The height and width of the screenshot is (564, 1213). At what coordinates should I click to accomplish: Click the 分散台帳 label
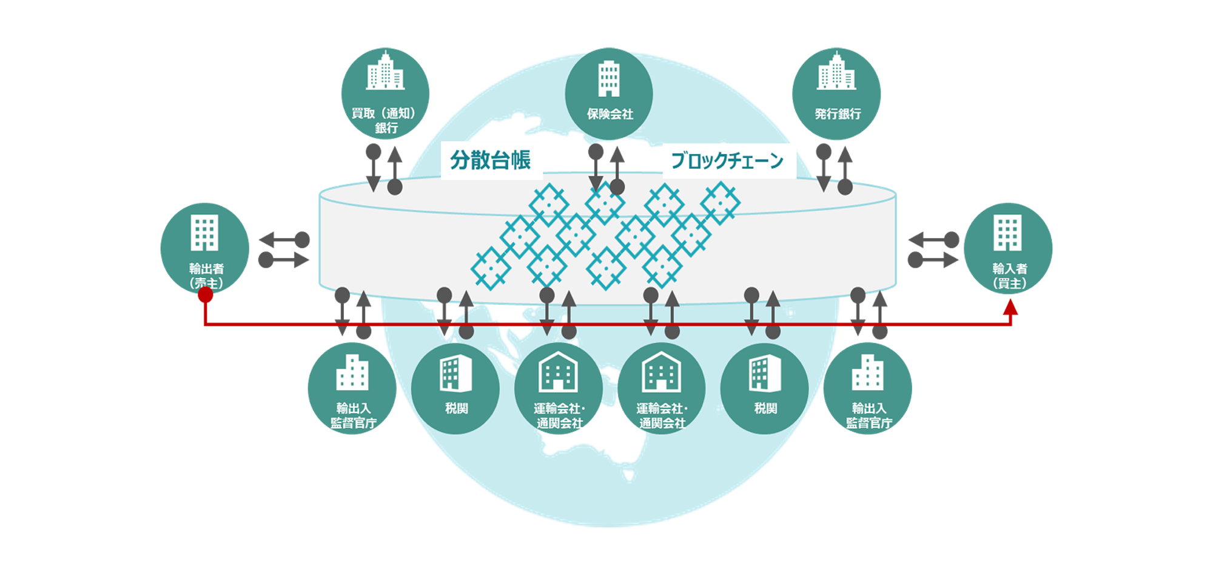[x=490, y=160]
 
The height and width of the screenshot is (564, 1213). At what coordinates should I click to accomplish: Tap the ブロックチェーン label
[x=727, y=161]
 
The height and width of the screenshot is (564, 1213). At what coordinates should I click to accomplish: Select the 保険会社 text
[x=610, y=114]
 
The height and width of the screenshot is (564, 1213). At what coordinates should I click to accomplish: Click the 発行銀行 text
[x=837, y=114]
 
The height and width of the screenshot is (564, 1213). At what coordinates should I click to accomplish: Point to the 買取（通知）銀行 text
[x=385, y=120]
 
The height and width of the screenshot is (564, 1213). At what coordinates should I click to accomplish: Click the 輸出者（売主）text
[x=206, y=276]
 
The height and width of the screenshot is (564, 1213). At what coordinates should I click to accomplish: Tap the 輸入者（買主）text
[x=1009, y=276]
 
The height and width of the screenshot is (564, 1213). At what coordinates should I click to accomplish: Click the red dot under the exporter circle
[x=206, y=295]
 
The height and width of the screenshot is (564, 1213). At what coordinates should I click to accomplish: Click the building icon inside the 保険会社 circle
[x=609, y=79]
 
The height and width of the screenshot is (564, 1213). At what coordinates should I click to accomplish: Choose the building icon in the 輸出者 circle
[x=204, y=233]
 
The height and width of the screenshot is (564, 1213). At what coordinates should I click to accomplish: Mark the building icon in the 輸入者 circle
[x=1007, y=233]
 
